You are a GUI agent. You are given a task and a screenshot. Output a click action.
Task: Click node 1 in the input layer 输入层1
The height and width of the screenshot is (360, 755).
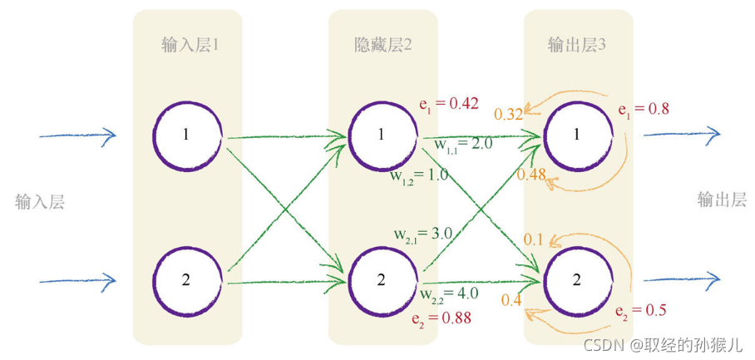point(187,136)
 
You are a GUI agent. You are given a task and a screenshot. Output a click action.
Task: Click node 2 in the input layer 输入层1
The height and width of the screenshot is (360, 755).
point(187,279)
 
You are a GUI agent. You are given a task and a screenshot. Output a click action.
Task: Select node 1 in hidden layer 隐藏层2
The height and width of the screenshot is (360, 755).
point(382,136)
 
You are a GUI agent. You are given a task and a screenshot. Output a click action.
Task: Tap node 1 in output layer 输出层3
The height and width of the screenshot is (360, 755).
point(576,136)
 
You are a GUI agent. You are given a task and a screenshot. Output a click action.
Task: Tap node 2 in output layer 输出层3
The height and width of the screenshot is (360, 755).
point(576,279)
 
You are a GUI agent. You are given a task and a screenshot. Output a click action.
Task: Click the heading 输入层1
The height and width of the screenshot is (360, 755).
point(190,45)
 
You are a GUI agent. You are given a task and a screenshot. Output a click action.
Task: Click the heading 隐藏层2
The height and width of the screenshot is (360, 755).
point(383,45)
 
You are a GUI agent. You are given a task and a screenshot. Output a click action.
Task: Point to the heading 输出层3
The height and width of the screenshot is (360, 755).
point(577,45)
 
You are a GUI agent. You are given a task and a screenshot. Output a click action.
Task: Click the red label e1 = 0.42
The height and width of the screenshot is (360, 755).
point(448,104)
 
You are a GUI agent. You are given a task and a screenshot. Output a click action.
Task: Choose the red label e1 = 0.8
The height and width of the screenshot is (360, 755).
point(644,108)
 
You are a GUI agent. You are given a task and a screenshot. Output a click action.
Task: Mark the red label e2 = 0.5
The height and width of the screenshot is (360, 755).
point(641,311)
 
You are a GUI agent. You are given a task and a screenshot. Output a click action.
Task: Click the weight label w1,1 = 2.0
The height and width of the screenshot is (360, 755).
point(463,145)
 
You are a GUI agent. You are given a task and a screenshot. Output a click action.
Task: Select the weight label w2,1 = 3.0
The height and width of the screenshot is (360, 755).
point(422,234)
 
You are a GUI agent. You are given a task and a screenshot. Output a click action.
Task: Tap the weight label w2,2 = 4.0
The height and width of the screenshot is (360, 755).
point(449,293)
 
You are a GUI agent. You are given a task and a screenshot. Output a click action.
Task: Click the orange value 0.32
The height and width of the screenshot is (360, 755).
point(508,115)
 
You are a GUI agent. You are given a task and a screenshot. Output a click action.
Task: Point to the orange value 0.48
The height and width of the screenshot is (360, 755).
point(530,174)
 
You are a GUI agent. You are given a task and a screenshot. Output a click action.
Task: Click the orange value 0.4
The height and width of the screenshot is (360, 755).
point(511,300)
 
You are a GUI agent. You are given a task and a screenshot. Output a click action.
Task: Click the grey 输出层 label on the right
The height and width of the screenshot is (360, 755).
point(722,200)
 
